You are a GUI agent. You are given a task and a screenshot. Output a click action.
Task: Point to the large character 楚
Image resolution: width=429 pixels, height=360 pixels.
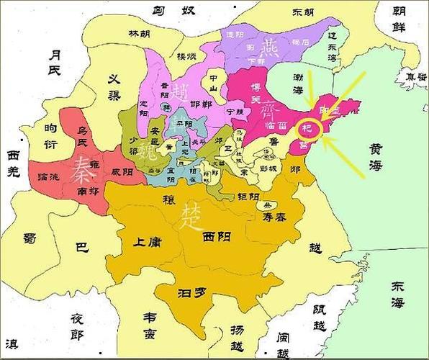192,213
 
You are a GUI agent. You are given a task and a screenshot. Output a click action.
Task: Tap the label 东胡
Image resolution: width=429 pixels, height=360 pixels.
303,12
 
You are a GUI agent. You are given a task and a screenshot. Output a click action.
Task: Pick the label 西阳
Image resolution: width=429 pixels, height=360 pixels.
218,236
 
